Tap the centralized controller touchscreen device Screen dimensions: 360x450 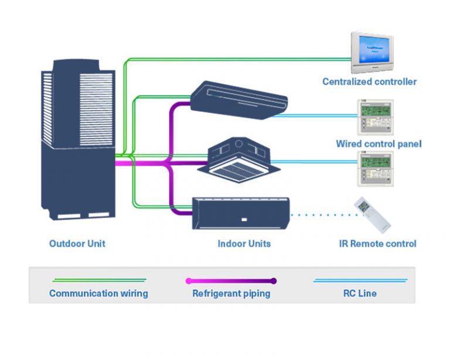(371, 53)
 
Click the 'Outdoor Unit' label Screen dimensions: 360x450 (77, 244)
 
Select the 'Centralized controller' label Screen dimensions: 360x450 (369, 81)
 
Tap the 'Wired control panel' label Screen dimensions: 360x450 (379, 143)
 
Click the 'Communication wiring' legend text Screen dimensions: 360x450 (98, 293)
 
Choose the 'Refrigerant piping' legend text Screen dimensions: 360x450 (231, 293)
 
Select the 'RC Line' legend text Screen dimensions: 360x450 (360, 293)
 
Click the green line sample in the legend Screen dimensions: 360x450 (98, 280)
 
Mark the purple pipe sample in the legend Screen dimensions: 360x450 (231, 280)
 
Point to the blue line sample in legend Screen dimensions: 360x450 (360, 280)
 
